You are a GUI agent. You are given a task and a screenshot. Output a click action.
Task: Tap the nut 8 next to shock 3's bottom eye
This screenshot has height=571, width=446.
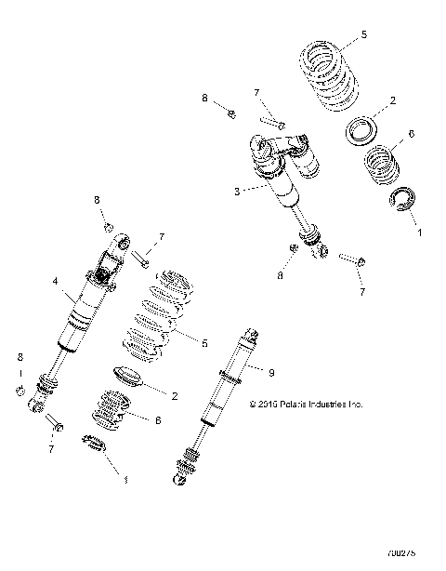tap(292, 247)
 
